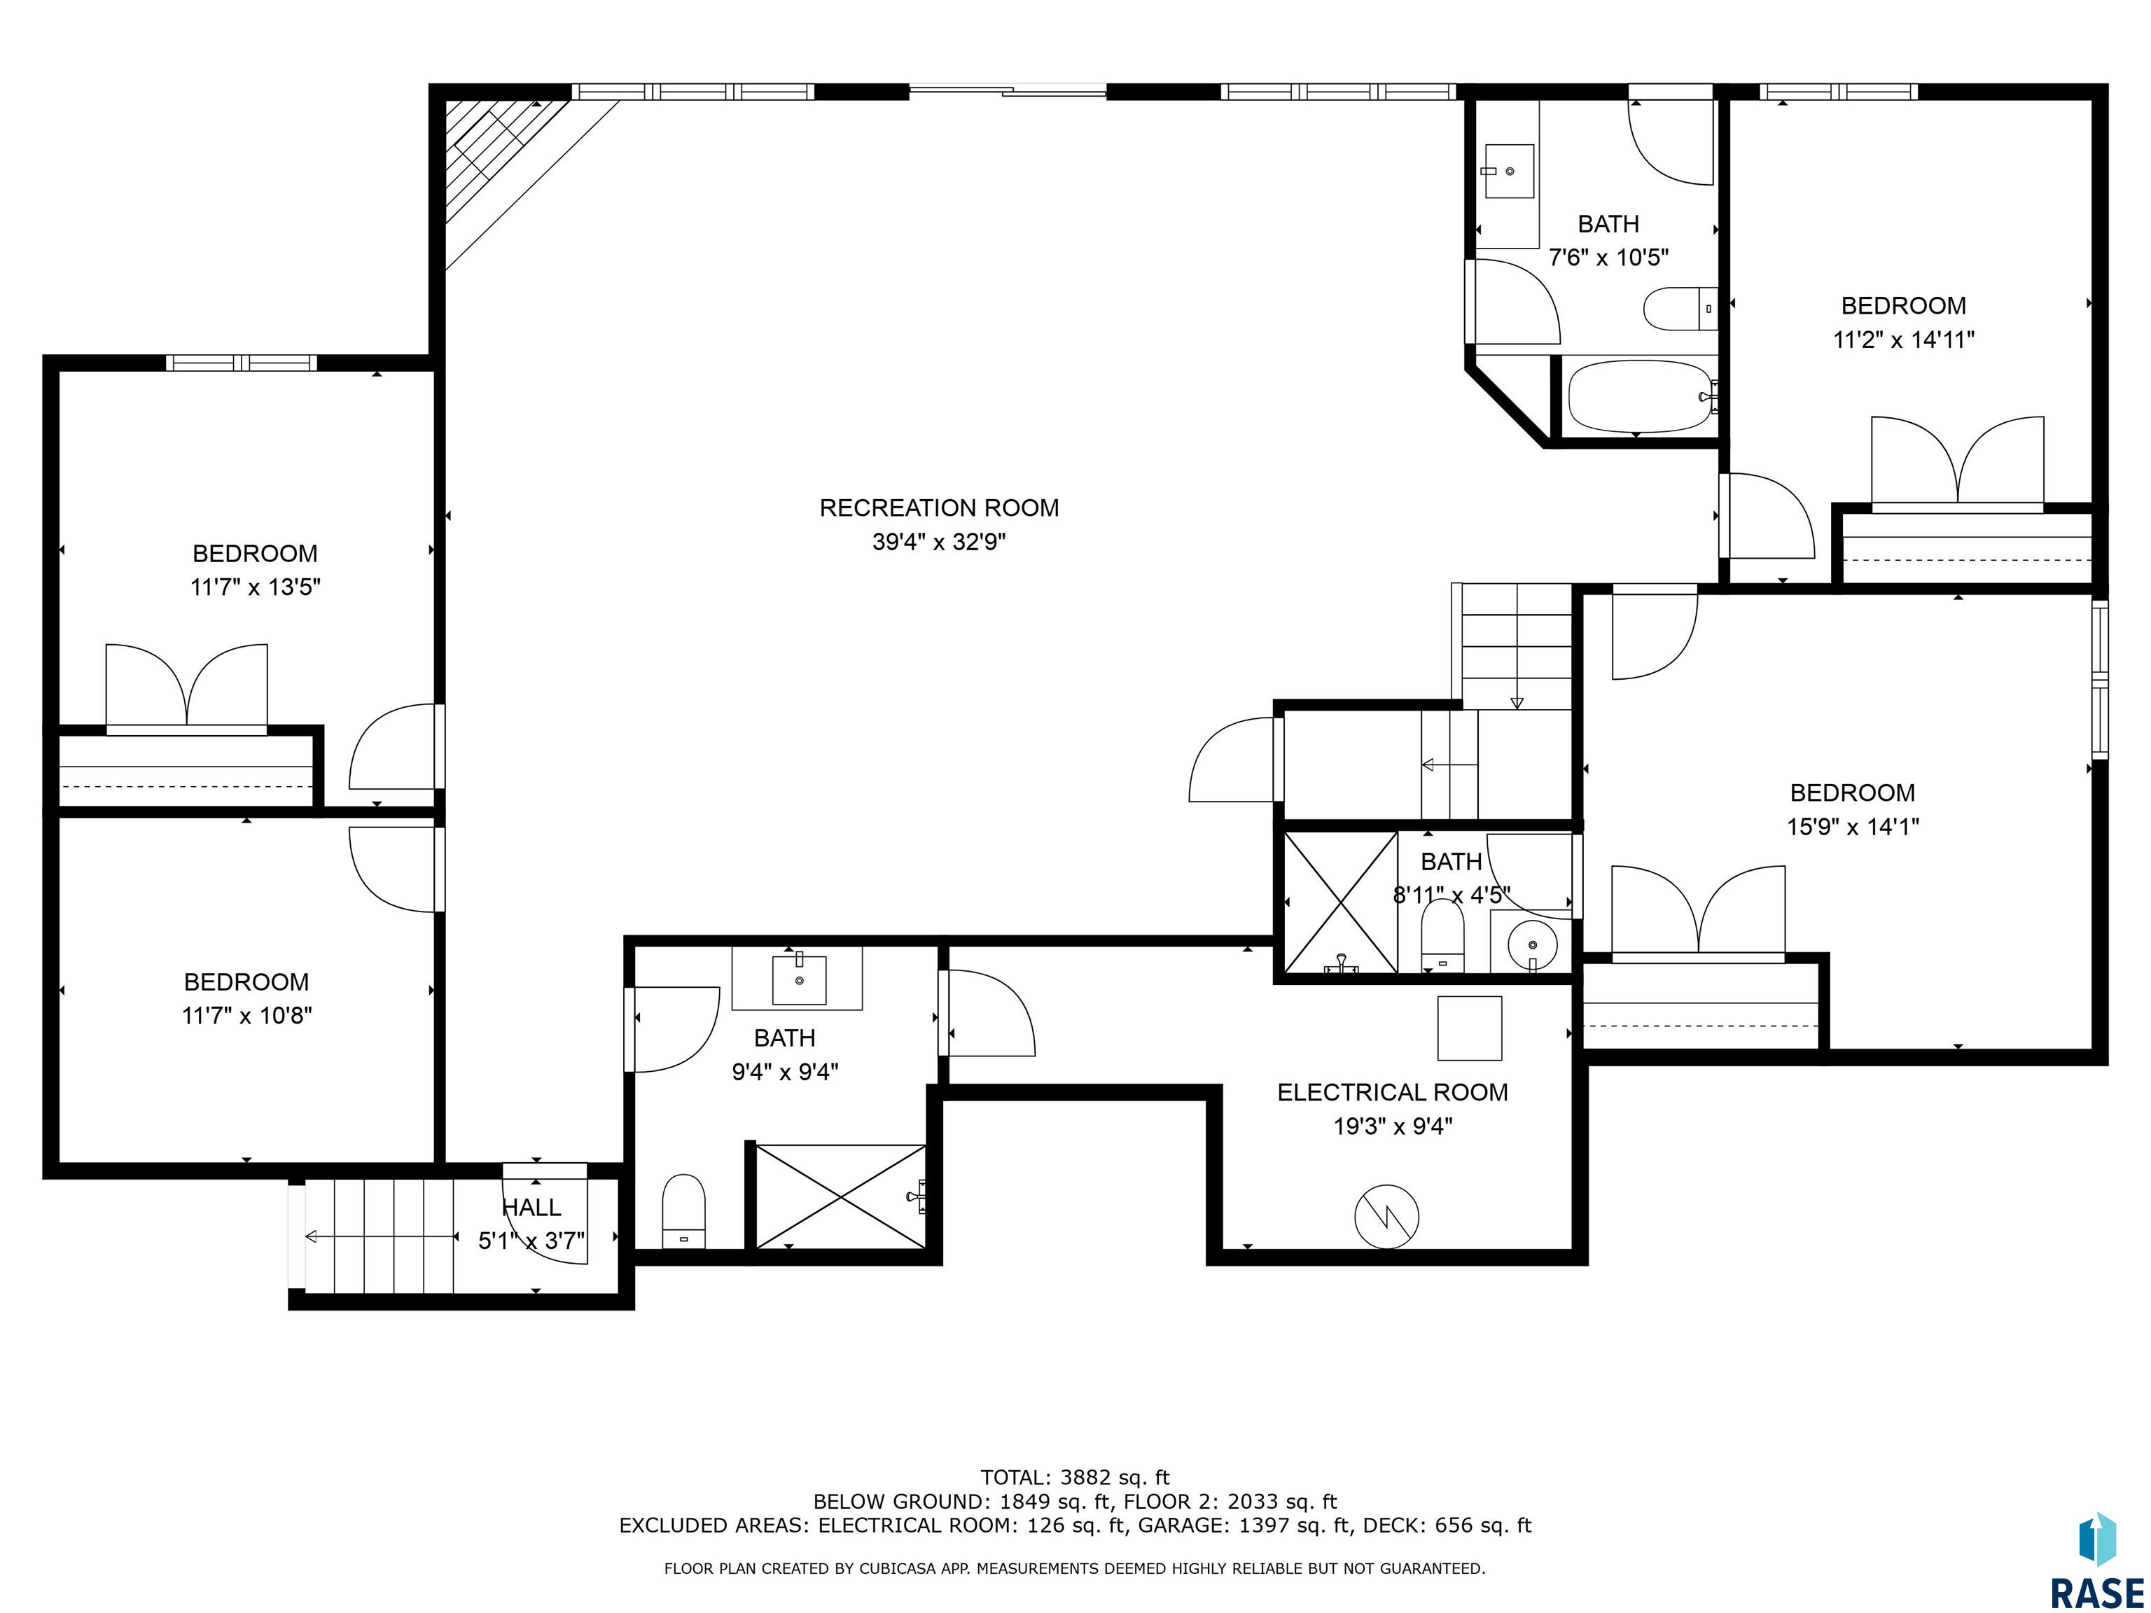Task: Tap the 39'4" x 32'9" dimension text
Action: [938, 542]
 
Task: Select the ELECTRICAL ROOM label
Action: [1393, 1092]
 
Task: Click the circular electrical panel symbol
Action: [1386, 1216]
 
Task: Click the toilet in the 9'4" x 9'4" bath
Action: [683, 1211]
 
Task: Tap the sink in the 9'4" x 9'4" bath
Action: [798, 980]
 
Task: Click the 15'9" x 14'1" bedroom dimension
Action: [1853, 826]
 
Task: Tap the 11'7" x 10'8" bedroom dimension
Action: [247, 1015]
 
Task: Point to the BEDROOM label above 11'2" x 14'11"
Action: [1903, 305]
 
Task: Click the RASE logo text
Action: [2096, 1593]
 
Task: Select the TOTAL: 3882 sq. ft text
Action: [1075, 1478]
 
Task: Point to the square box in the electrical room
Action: [1469, 1028]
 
